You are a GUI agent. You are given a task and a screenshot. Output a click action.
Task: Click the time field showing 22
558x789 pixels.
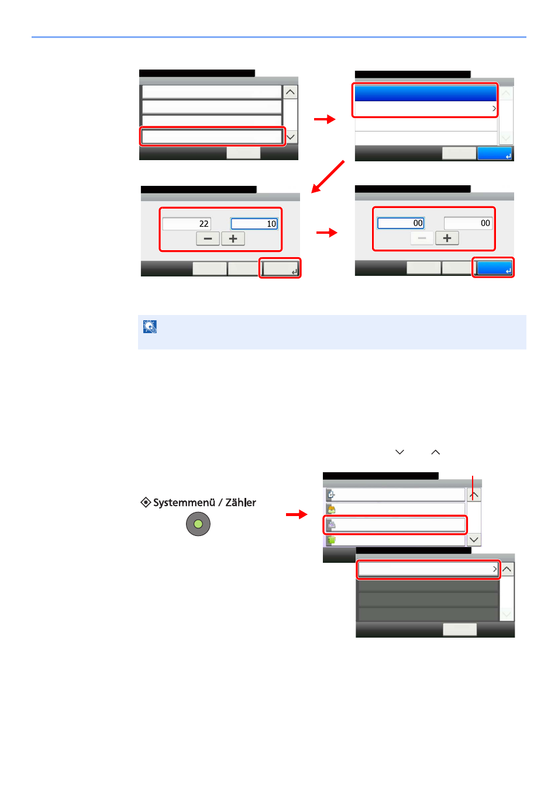(187, 224)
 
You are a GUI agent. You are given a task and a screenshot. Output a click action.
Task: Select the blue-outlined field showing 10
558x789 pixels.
(254, 224)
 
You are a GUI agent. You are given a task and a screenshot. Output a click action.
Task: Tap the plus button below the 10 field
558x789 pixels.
(233, 238)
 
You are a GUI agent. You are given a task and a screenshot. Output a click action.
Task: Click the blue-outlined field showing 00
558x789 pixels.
(401, 223)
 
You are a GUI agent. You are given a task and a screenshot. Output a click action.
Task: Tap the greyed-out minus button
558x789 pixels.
(422, 238)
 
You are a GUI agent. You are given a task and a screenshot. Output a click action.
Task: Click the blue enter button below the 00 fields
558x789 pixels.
(494, 268)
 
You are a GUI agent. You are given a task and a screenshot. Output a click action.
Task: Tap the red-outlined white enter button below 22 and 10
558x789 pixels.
(280, 268)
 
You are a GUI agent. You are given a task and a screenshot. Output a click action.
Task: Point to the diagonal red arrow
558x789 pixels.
(328, 177)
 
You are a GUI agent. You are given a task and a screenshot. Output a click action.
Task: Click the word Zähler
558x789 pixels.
(241, 503)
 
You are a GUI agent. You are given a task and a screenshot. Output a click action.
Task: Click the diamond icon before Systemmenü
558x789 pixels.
(146, 502)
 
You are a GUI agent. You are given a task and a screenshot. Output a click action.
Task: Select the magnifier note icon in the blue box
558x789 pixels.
(150, 327)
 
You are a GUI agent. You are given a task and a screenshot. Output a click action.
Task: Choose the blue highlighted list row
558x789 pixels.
(425, 94)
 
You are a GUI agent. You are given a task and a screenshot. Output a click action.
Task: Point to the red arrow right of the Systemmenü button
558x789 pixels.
(297, 515)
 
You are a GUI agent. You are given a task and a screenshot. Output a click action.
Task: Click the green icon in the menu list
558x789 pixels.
(331, 540)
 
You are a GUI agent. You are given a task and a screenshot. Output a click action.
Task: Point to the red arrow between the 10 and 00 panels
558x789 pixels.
(327, 233)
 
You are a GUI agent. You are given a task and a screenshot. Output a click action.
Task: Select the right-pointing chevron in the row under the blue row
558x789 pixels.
(494, 109)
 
